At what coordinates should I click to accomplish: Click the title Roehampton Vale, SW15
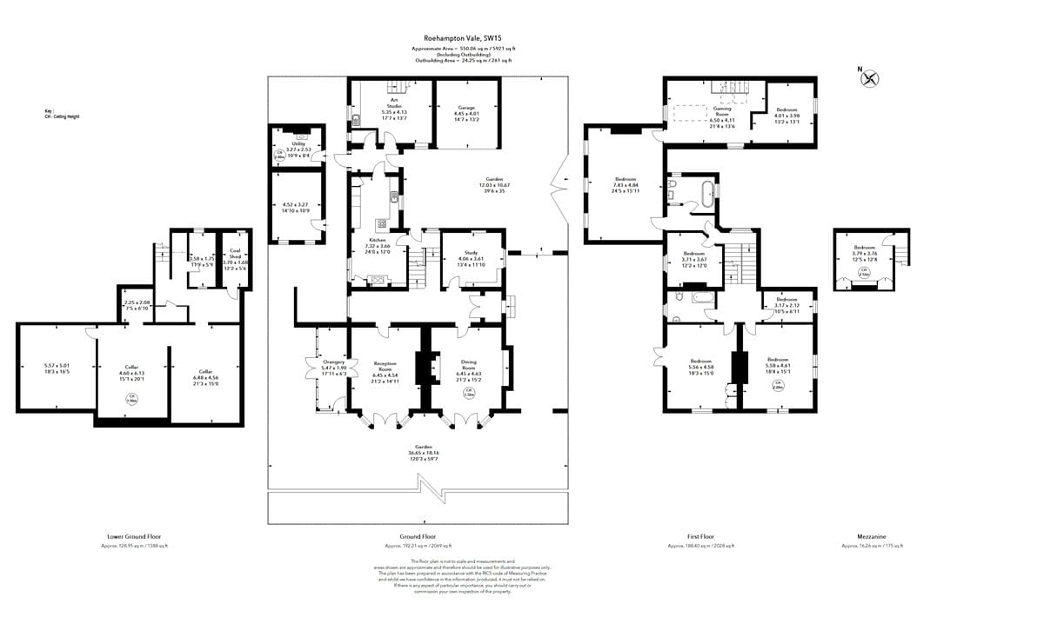coord(463,38)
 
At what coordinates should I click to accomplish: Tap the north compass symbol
coord(869,79)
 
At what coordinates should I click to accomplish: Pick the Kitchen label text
coord(377,239)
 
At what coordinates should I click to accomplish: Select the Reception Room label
coord(385,364)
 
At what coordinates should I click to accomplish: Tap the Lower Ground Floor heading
coord(133,537)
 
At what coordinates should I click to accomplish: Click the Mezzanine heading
coord(872,537)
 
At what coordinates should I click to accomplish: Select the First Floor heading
coord(700,537)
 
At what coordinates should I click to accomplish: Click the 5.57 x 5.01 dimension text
coord(56,366)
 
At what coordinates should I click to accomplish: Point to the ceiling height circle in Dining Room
coord(468,392)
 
